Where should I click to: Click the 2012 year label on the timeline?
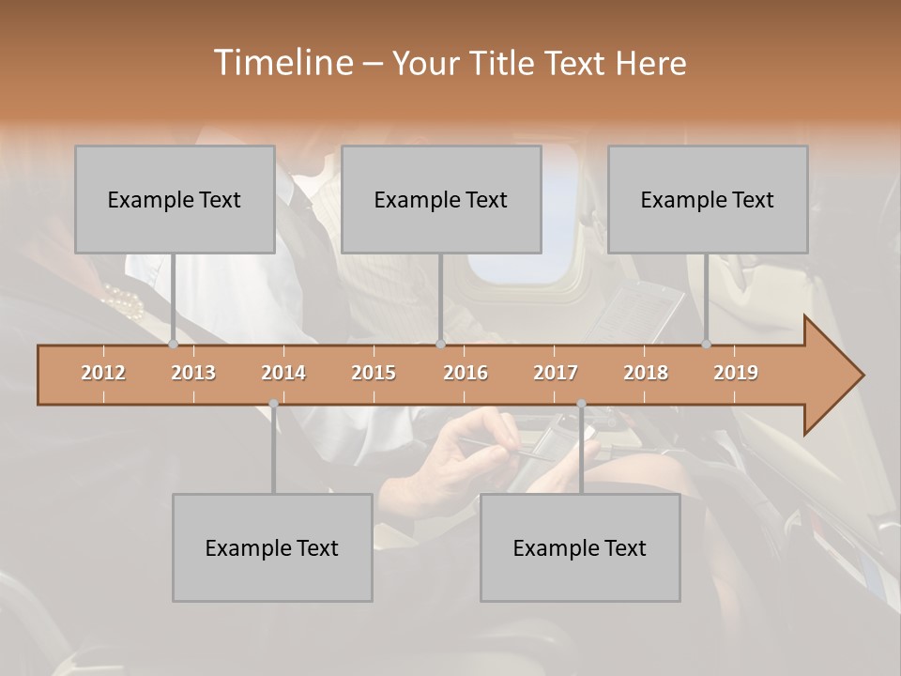pos(103,373)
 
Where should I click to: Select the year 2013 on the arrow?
pos(193,373)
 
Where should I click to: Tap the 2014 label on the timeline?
pos(283,373)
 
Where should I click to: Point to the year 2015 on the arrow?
pos(374,373)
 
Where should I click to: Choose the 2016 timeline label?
pos(466,373)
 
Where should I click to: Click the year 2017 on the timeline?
pos(556,373)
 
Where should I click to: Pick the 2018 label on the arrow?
pos(646,373)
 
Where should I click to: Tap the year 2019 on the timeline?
pos(736,373)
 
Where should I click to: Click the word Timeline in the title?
pos(281,63)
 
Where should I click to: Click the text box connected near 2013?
pos(175,199)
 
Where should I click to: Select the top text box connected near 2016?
pos(441,199)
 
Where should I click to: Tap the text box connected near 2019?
pos(708,199)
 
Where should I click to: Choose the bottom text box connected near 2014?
pos(272,547)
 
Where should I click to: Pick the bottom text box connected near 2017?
pos(580,547)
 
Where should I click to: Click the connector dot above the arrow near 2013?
pos(174,345)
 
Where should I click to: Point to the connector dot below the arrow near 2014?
pos(273,404)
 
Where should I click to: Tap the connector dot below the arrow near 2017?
pos(581,404)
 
